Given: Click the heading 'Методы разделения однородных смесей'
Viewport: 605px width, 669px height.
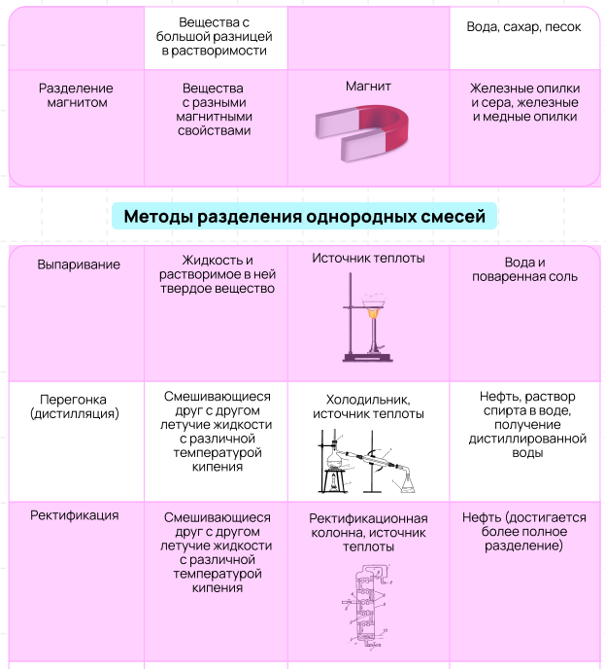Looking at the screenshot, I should coord(304,216).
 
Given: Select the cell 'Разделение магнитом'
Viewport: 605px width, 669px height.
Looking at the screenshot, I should coord(75,95).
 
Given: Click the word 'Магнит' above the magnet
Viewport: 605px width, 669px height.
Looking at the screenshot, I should coord(368,87).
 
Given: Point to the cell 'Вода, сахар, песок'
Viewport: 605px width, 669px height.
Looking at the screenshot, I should coord(524,27).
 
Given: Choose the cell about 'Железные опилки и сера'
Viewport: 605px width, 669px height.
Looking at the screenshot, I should coord(524,102).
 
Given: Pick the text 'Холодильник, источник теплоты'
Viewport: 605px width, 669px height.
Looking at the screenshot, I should coord(368,406).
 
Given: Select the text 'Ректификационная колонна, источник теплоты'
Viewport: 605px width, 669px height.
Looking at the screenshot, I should coord(368,532).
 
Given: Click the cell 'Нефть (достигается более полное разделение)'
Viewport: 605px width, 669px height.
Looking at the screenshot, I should coord(524,532).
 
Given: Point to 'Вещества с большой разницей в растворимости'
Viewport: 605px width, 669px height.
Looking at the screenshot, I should coord(215,36).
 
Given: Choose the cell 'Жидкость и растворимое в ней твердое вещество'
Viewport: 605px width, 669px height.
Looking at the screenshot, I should coord(217,274).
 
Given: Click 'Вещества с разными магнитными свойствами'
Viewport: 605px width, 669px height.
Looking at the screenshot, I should coord(216,109).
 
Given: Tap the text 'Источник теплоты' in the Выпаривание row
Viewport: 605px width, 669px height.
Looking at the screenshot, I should coord(368,259).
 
